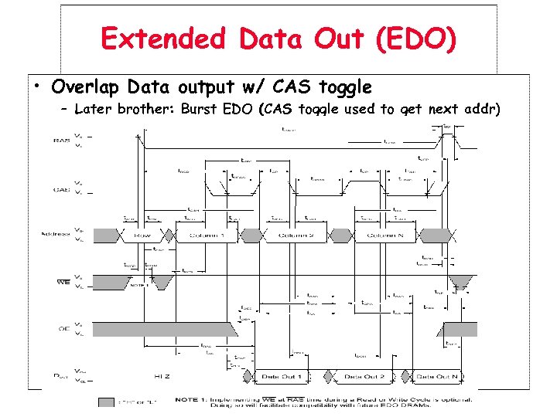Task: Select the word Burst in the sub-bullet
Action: tap(201, 109)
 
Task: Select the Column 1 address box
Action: tap(200, 235)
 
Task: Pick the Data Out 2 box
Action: tap(361, 376)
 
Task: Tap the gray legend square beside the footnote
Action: tap(106, 402)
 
